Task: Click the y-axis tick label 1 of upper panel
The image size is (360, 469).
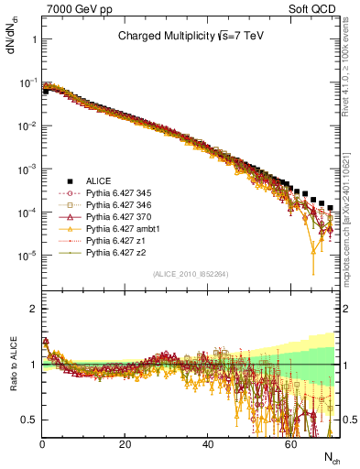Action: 32,40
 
